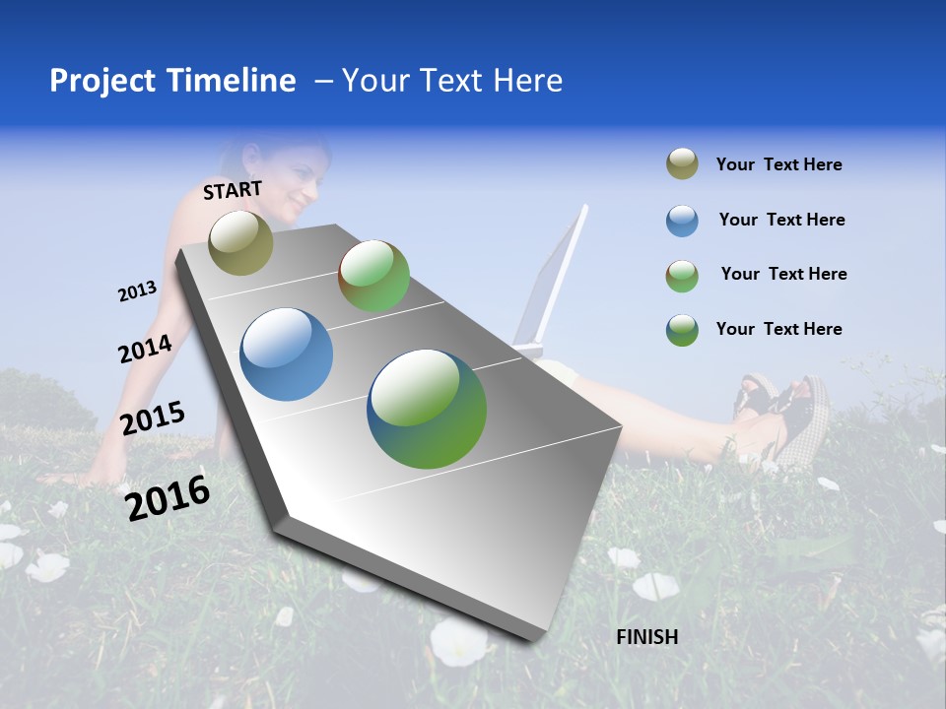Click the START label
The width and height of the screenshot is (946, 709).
233,190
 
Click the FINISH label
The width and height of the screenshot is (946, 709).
647,637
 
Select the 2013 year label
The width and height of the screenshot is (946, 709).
137,291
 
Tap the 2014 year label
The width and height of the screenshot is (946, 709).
145,350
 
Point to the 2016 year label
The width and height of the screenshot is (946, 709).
168,497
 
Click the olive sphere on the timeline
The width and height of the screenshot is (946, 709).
241,242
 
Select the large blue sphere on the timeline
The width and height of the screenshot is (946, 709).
287,354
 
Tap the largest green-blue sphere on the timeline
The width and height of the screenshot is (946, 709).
427,409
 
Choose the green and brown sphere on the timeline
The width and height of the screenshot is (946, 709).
373,276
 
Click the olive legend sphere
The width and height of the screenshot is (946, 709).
682,164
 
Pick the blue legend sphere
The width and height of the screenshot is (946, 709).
682,221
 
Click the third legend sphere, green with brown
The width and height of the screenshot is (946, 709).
682,276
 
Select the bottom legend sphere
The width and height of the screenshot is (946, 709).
682,330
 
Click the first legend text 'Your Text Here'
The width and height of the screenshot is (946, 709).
778,165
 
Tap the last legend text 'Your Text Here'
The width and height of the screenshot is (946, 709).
778,329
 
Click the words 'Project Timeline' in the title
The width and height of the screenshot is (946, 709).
172,81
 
